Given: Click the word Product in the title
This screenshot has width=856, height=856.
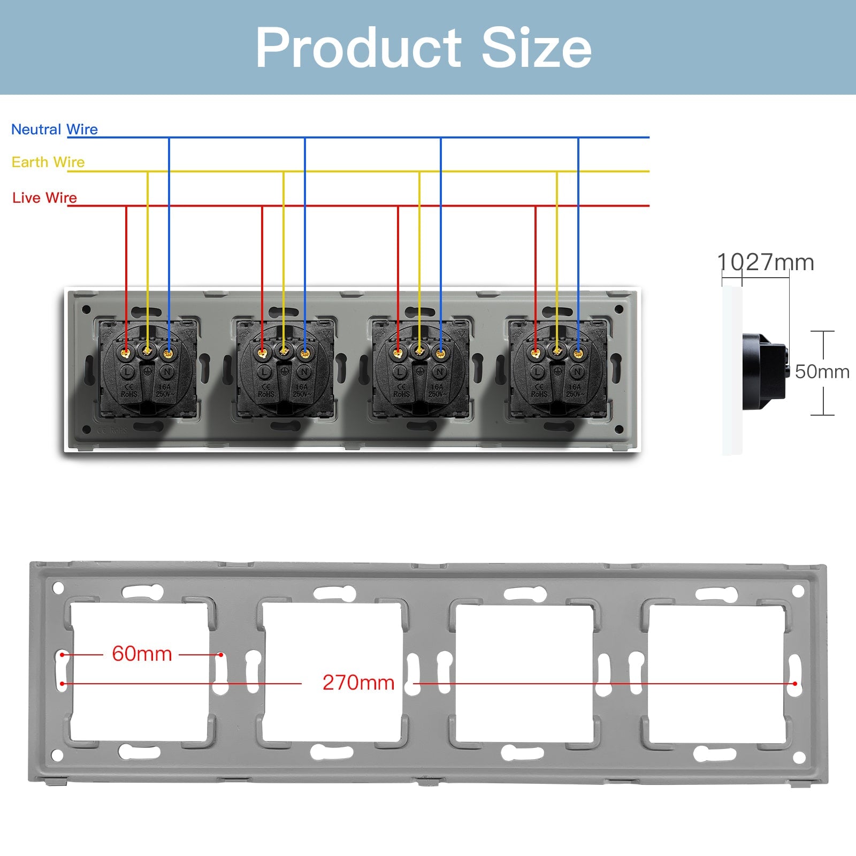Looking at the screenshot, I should pos(358,48).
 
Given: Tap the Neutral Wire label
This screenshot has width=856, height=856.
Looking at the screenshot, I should pos(54,129).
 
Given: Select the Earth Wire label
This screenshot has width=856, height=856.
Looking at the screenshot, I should pos(48,162).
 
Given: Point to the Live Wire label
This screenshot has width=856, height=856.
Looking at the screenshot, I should pos(44,198).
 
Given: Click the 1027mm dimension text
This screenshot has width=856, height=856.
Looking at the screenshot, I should pos(765,263).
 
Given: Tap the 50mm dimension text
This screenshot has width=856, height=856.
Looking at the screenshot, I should pos(822,372).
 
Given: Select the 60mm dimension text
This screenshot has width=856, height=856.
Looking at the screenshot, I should pos(142,654).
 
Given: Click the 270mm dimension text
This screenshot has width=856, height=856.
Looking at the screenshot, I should pos(358,683).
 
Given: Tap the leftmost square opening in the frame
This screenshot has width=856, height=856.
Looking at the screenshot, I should pos(140,672).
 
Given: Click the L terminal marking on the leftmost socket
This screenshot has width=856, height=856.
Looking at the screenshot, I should pos(127,372).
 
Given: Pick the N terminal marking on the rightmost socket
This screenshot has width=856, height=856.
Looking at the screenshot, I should pos(577,372).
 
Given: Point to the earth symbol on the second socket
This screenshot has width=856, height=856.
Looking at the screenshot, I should pos(284,371).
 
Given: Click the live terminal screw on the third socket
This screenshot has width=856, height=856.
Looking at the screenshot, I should pos(398,353).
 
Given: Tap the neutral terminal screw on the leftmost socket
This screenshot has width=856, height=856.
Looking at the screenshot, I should pos(168,353).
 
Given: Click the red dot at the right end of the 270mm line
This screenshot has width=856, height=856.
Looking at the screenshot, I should pos(795,684).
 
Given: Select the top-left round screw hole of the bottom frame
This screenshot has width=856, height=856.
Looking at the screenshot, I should pos(58,588).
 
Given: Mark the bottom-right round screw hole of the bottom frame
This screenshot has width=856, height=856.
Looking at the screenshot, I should pos(799,758).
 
